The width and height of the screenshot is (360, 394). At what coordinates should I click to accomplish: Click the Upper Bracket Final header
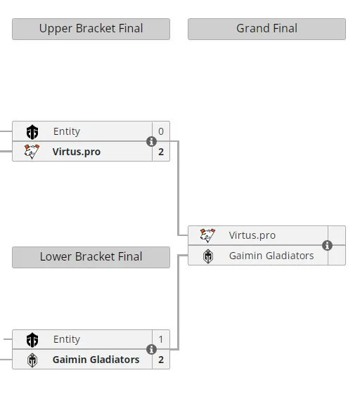point(91,29)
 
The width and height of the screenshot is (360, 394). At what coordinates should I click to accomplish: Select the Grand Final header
point(266,29)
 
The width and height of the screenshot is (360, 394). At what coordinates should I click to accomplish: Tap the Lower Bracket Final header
point(91,257)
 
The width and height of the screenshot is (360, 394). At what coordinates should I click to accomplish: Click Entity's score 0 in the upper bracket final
point(161,131)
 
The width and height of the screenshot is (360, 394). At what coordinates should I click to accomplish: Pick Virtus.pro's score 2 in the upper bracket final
point(161,152)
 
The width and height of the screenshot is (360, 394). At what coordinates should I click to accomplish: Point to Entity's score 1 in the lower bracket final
point(161,339)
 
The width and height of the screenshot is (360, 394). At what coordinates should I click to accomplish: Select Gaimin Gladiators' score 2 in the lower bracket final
point(161,360)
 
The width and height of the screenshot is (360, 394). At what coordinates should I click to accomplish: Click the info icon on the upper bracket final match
point(151,141)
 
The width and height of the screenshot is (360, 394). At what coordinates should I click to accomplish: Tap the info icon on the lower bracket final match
point(151,349)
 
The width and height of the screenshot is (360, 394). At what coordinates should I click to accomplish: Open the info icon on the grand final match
point(327,245)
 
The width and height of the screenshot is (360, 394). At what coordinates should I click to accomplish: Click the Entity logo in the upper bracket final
point(32,131)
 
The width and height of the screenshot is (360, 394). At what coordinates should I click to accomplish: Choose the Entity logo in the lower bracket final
point(32,340)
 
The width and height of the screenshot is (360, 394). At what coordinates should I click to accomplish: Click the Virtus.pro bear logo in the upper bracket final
point(32,152)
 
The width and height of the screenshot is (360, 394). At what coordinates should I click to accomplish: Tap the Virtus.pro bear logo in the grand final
point(207,235)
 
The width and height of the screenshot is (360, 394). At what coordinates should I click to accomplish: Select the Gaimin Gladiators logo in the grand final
point(208,256)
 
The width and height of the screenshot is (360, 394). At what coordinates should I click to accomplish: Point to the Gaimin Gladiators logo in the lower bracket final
point(32,360)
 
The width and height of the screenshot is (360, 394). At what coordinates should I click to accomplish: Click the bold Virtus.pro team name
point(77,152)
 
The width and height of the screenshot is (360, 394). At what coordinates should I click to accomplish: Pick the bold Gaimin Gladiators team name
point(96,360)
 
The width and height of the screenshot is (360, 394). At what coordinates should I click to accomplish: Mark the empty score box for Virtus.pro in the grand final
point(337,235)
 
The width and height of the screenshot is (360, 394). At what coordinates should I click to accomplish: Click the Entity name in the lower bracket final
point(67,339)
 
